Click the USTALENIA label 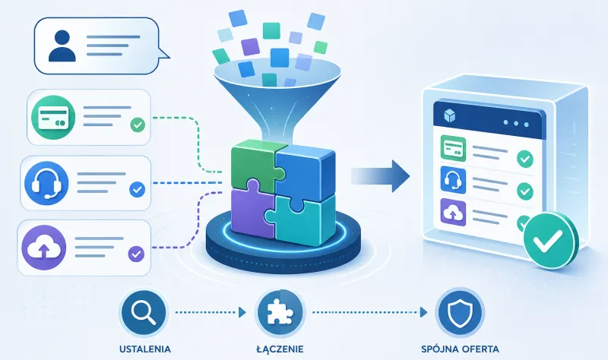145,349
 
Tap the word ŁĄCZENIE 280,349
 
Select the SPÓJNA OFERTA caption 460,349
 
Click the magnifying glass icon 144,312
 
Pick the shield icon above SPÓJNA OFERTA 460,312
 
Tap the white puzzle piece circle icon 280,312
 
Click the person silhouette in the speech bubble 62,46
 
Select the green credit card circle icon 53,118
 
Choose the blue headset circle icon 46,183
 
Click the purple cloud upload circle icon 44,248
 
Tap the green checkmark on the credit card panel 138,125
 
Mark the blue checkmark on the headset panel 137,190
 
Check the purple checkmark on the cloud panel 136,254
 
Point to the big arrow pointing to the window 381,176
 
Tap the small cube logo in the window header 449,115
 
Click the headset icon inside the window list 453,181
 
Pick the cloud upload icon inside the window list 453,213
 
